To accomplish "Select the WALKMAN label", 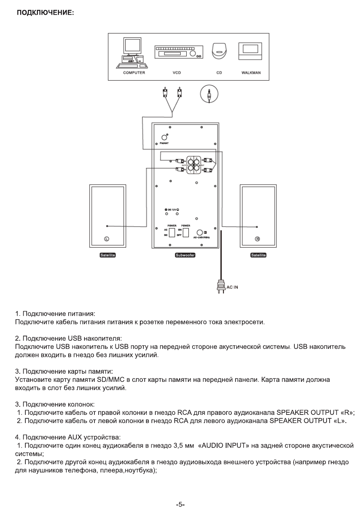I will [x=248, y=73].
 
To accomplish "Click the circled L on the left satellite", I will [x=107, y=239].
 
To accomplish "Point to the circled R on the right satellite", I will [x=257, y=239].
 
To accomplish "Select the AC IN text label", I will [x=233, y=287].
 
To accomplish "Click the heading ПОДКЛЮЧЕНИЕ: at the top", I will [x=45, y=13].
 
